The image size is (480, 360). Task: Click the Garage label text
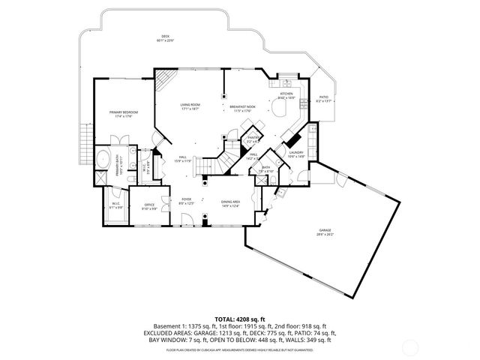pyautogui.click(x=325, y=232)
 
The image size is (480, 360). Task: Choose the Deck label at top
pyautogui.click(x=165, y=38)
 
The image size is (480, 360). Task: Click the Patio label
pyautogui.click(x=324, y=98)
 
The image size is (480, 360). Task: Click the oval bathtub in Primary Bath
pyautogui.click(x=103, y=159)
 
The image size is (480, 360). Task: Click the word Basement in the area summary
pyautogui.click(x=166, y=326)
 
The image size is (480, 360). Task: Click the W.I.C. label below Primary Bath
pyautogui.click(x=115, y=205)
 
